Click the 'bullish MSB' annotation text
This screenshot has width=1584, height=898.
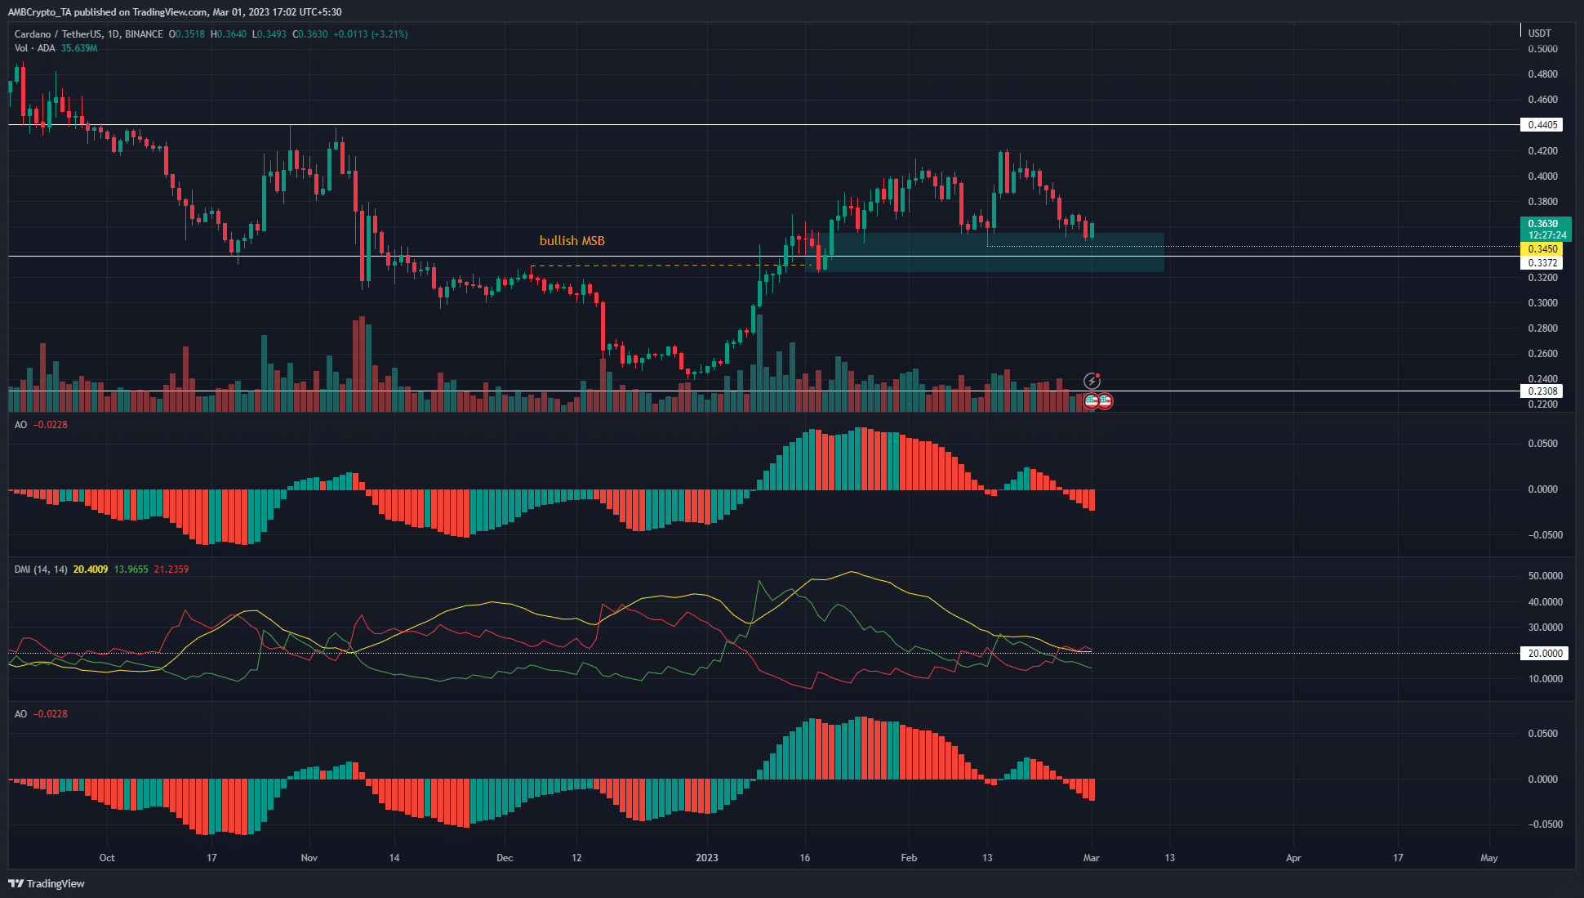click(572, 241)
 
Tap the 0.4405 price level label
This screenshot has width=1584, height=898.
click(1542, 125)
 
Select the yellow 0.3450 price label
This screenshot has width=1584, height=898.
click(1542, 249)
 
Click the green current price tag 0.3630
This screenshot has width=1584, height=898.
click(1542, 224)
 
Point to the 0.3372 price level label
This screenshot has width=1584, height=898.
click(1542, 263)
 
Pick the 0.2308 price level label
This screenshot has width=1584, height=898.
click(1542, 391)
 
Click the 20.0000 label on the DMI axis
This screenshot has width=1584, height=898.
click(1545, 654)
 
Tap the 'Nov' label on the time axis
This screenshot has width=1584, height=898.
click(309, 858)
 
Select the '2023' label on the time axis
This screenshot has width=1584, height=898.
click(706, 858)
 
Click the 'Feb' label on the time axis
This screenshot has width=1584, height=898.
click(908, 858)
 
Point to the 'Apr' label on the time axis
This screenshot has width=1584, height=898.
click(1293, 858)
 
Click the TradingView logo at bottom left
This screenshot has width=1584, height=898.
click(47, 884)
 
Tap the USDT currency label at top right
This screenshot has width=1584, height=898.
click(1539, 34)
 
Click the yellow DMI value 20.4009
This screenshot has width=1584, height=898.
click(90, 570)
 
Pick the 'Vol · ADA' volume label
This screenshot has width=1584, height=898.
click(35, 48)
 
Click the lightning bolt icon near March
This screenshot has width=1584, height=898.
click(1092, 381)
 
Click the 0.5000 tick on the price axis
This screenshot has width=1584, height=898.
click(1542, 49)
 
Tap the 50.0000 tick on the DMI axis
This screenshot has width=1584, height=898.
click(1545, 576)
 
